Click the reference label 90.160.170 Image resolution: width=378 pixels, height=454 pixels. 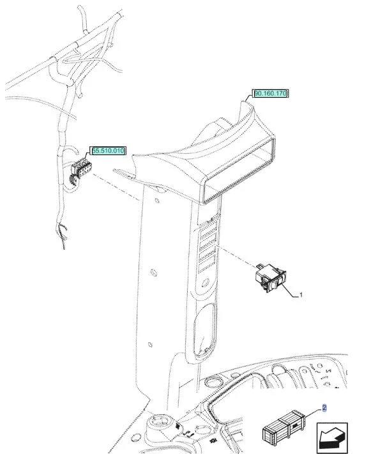pyautogui.click(x=271, y=93)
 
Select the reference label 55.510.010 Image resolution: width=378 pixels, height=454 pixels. pyautogui.click(x=109, y=151)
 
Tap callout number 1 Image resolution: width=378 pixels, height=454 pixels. pyautogui.click(x=301, y=295)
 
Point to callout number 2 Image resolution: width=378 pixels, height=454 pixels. pyautogui.click(x=324, y=408)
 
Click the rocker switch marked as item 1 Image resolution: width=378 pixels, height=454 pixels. pyautogui.click(x=270, y=278)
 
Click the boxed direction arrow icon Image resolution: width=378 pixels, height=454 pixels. pyautogui.click(x=332, y=437)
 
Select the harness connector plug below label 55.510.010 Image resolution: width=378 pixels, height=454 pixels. pyautogui.click(x=80, y=171)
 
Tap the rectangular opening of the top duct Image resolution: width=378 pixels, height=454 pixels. pyautogui.click(x=239, y=171)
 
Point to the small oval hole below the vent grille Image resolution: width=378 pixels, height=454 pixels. pyautogui.click(x=206, y=282)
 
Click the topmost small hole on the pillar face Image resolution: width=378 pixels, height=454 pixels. pyautogui.click(x=157, y=201)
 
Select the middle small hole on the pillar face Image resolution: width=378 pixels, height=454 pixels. pyautogui.click(x=154, y=273)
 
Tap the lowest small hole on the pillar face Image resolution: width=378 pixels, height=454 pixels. pyautogui.click(x=150, y=345)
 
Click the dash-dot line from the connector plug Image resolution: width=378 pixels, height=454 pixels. pyautogui.click(x=116, y=186)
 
